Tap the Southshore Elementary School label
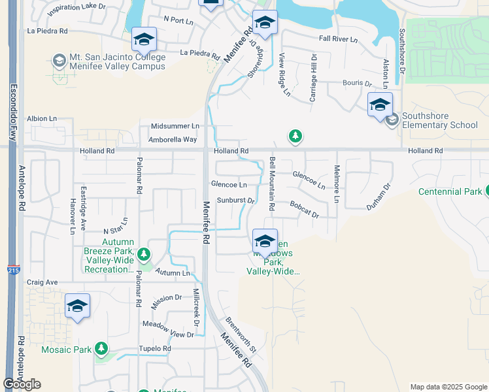point(439,120)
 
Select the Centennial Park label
point(449,191)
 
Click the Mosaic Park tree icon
point(101,349)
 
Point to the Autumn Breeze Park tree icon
point(144,254)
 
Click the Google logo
point(22,384)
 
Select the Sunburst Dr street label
point(234,200)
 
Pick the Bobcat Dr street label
point(304,210)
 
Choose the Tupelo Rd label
point(154,349)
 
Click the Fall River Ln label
point(338,39)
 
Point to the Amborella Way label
point(173,140)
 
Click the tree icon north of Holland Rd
point(295,136)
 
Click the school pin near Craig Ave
point(77,306)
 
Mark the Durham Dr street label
point(378,195)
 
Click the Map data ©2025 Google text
point(448,387)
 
